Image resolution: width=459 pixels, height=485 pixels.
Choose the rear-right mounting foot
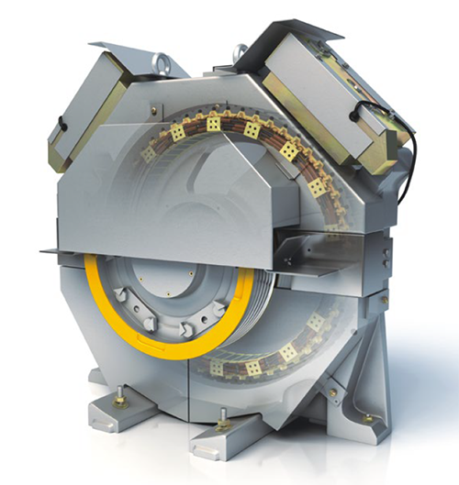tap(367, 418)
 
